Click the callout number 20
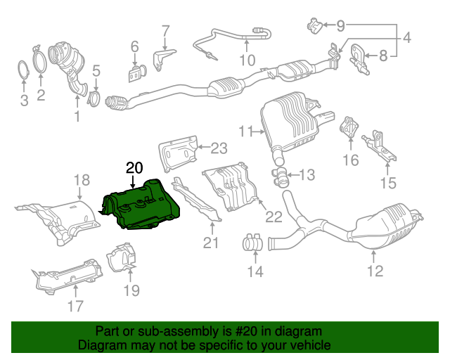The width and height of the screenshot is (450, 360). pyautogui.click(x=134, y=167)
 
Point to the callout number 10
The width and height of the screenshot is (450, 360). pyautogui.click(x=246, y=60)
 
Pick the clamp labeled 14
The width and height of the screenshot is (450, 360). pyautogui.click(x=252, y=243)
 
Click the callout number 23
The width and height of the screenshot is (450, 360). pyautogui.click(x=219, y=148)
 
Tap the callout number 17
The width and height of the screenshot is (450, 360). pyautogui.click(x=75, y=305)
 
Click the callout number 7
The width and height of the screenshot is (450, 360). pyautogui.click(x=165, y=31)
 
